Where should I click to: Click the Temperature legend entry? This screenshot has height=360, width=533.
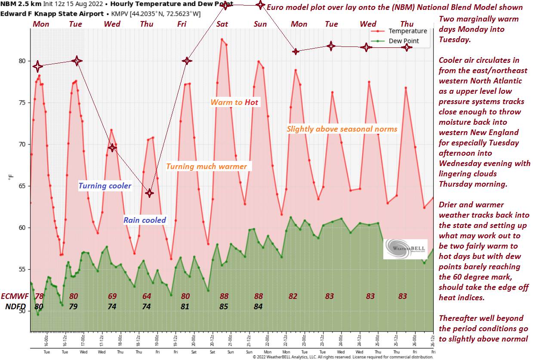tap(407, 31)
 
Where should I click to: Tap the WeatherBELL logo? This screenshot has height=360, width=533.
tap(405, 249)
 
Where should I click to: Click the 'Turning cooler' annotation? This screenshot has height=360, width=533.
tap(105, 186)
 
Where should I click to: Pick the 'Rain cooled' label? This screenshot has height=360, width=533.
tap(145, 220)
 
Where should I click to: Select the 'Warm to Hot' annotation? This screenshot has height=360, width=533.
tap(234, 102)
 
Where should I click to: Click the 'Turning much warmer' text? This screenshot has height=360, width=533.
tap(206, 166)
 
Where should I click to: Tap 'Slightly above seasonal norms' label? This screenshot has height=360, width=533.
tap(342, 129)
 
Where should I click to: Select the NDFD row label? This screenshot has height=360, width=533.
tap(16, 307)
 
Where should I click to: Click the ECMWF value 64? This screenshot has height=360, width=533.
tap(147, 296)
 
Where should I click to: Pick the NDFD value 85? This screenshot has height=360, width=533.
tap(224, 307)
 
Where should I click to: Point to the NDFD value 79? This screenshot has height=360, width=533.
tap(74, 307)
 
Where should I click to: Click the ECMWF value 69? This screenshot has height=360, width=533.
tap(112, 296)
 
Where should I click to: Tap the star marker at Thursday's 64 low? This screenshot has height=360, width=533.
tap(149, 193)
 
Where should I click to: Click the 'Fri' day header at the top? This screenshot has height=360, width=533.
tap(182, 24)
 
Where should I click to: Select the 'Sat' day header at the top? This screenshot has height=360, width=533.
tap(222, 24)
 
